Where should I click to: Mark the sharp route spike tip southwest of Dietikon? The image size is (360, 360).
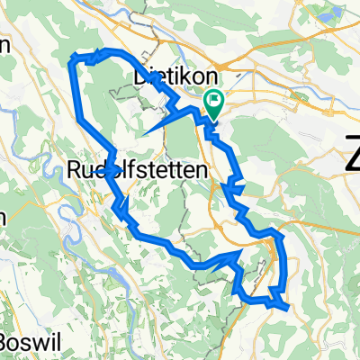click(142, 135)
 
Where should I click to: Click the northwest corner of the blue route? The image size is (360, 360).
click(72, 61)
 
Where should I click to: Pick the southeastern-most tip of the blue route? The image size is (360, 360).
click(288, 306)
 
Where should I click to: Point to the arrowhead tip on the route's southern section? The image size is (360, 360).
click(241, 254)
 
